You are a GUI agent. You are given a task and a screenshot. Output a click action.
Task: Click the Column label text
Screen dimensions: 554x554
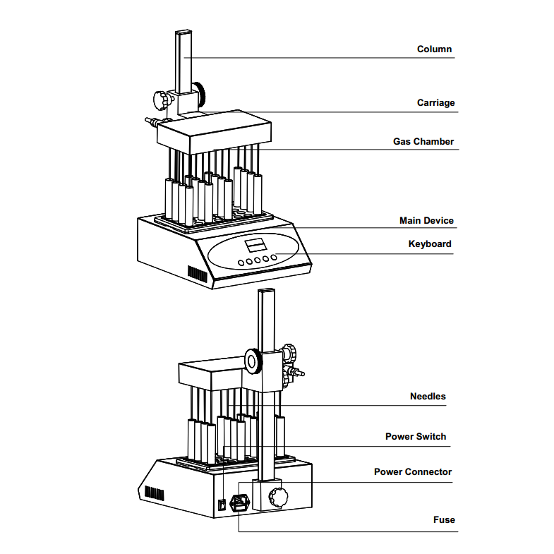(434, 49)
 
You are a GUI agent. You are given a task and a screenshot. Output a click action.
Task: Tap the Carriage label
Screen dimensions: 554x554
(435, 103)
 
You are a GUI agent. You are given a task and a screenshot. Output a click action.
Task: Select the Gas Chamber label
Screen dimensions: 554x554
(423, 142)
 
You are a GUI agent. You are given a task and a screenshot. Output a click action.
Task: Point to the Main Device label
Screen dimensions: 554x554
(426, 221)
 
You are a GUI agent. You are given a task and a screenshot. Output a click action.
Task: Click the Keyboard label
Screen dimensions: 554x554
(430, 244)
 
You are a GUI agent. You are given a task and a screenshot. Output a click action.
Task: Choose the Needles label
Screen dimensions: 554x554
(428, 397)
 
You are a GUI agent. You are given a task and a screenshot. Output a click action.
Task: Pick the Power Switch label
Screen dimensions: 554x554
(415, 437)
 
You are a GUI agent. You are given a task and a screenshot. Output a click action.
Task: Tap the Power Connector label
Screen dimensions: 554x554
(413, 472)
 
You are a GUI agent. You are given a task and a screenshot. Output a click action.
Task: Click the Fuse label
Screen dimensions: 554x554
(444, 520)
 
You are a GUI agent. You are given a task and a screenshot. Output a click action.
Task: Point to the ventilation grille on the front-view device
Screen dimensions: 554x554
(198, 272)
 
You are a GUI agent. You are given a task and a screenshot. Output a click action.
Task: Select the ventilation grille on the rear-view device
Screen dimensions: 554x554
(154, 492)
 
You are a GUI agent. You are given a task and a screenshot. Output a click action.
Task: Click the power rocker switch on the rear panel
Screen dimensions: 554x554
(222, 504)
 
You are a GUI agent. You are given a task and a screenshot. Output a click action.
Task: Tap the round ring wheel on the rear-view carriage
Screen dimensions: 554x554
(253, 361)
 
